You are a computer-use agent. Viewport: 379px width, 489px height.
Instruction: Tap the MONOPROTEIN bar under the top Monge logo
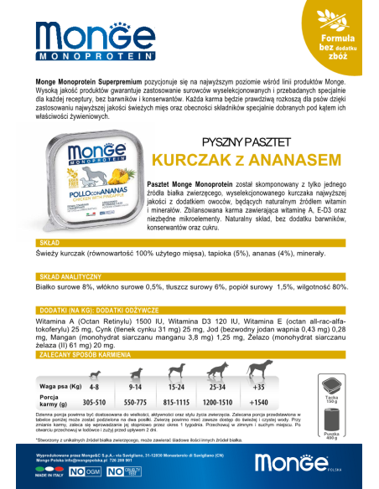pyautogui.click(x=81, y=60)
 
